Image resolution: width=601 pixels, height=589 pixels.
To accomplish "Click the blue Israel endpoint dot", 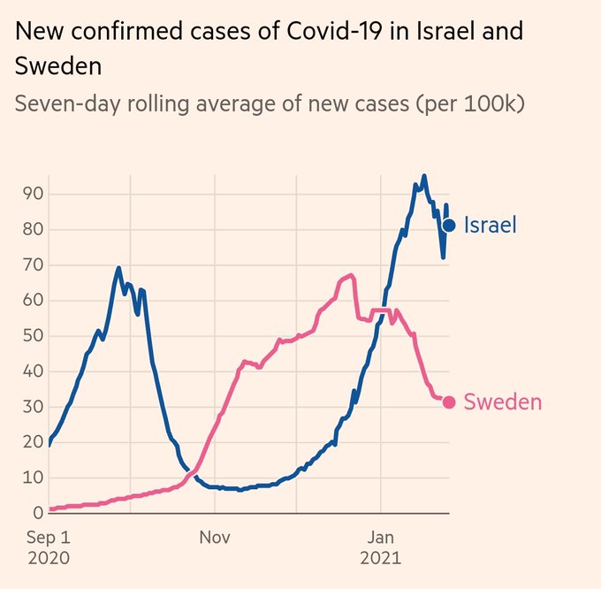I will pyautogui.click(x=449, y=226).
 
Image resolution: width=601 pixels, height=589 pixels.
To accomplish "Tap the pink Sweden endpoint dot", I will pyautogui.click(x=449, y=402).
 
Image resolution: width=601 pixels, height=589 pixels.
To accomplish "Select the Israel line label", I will pyautogui.click(x=490, y=226).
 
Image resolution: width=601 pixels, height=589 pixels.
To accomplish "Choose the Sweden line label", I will pyautogui.click(x=502, y=402).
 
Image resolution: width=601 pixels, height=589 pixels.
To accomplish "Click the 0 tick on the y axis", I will pyautogui.click(x=38, y=513).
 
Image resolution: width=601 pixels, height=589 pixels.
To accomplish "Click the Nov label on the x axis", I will pyautogui.click(x=215, y=537).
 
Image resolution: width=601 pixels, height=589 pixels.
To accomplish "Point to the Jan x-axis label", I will pyautogui.click(x=380, y=537).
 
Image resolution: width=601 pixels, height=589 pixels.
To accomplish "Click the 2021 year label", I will pyautogui.click(x=380, y=558).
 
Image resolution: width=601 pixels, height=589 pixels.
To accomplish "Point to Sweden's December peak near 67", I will pyautogui.click(x=351, y=275).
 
